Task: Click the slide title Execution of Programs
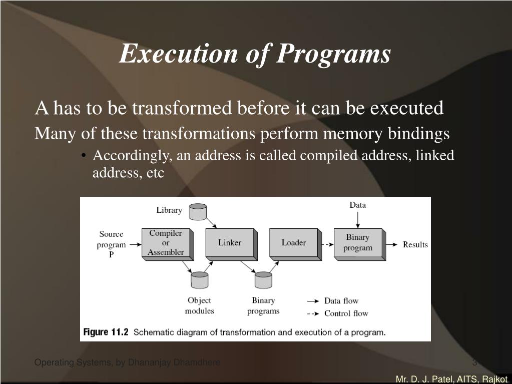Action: coord(255,54)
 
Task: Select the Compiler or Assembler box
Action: coord(166,243)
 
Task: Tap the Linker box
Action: coord(230,243)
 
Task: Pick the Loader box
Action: coord(293,243)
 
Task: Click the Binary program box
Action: coord(358,243)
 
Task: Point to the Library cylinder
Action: coord(198,211)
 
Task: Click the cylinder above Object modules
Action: coord(199,279)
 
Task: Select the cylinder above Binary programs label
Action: coord(263,279)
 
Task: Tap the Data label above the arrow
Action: coord(357,205)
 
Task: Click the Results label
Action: coord(415,245)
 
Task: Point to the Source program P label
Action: coord(111,244)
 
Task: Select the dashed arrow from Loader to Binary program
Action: coord(327,245)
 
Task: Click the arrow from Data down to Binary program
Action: coord(357,219)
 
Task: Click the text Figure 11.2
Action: coord(106,332)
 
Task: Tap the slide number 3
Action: coord(474,362)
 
